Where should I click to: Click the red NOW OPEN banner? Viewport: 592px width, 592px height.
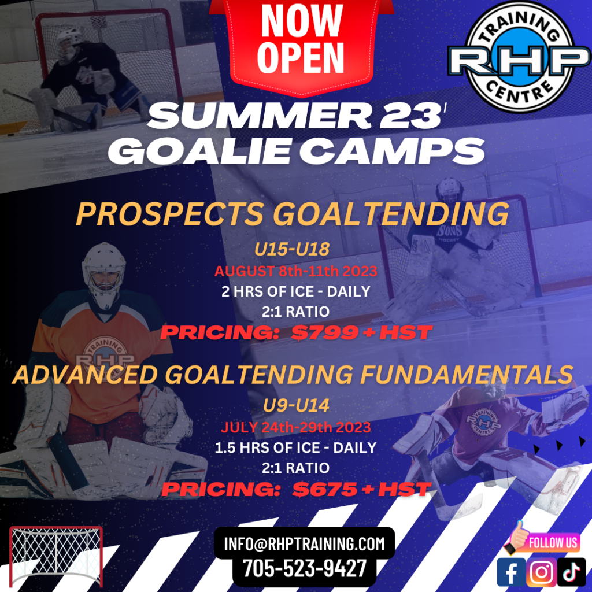coord(301,43)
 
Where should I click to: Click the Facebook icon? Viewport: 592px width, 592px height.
coord(511,572)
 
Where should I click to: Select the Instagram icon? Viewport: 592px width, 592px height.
coord(541,572)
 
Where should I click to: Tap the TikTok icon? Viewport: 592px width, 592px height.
coord(572,572)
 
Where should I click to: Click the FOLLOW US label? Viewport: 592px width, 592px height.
coord(553,542)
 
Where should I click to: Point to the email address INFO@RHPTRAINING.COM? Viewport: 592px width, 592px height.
coord(304,543)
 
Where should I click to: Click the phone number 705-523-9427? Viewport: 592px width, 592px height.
coord(304,568)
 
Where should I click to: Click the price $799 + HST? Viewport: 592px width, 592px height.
coord(362,332)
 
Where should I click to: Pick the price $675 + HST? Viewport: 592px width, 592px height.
coord(362,489)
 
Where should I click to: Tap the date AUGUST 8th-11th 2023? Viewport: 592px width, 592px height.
coord(296,271)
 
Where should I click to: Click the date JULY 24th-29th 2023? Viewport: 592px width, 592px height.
coord(296,427)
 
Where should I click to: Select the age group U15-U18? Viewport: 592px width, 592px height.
coord(292,249)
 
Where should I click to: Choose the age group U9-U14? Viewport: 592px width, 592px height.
coord(296,405)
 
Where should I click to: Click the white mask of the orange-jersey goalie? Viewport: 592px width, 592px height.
coord(104,273)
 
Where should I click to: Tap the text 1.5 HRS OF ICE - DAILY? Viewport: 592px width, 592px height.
coord(295,448)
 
